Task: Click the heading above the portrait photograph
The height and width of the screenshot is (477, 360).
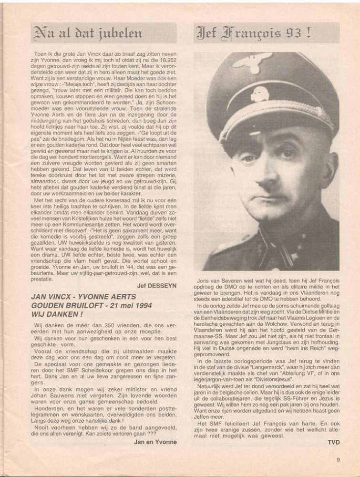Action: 254,32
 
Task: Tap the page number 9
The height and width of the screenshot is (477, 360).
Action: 338,460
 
